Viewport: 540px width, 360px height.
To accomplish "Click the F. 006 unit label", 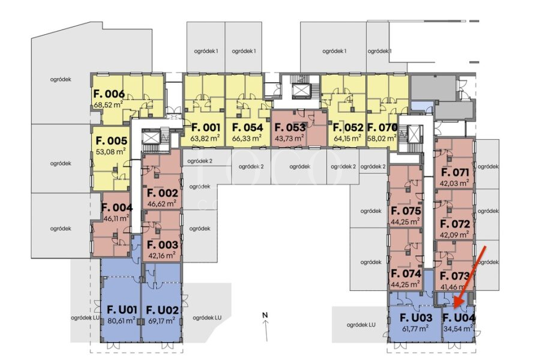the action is [109, 94].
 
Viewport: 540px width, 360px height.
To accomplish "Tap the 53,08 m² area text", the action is [111, 151].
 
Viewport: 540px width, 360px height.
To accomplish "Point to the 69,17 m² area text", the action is [161, 321].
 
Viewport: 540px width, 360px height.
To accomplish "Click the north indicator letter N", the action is [265, 314].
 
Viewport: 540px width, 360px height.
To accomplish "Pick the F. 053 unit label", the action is [290, 127].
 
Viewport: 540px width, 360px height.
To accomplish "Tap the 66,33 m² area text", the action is [247, 139].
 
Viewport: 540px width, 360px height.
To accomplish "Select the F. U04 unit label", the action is [459, 317].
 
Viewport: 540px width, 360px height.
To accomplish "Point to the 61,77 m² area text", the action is [415, 328].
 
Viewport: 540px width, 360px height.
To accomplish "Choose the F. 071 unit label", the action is [455, 172].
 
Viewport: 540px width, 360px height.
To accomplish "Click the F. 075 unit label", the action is [406, 211].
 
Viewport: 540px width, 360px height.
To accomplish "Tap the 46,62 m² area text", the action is [162, 203].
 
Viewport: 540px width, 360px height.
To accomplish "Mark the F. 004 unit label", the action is [117, 208].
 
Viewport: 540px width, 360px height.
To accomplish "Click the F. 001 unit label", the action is [205, 127].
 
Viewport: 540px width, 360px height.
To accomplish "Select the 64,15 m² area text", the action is [347, 139].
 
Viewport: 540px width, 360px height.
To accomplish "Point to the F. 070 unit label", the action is [382, 127].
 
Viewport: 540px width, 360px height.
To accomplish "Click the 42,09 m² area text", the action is [455, 235].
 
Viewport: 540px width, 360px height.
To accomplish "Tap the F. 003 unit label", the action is [162, 245].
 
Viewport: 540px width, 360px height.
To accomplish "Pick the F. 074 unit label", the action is [406, 274].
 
